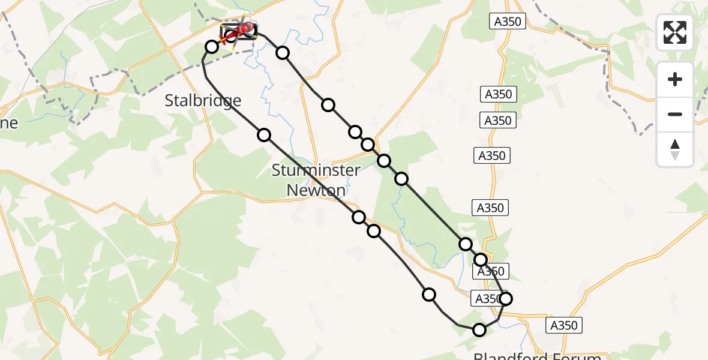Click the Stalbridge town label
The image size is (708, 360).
point(203,101)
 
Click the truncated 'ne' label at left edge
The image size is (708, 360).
point(9,123)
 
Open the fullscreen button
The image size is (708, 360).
point(675,32)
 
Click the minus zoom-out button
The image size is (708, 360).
point(675,114)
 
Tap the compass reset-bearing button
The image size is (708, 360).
point(675,149)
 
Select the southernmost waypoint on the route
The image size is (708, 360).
point(479,329)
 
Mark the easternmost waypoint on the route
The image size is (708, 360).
point(506,298)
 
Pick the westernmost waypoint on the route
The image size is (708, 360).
point(212,46)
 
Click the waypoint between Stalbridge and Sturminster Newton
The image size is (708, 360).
point(264,134)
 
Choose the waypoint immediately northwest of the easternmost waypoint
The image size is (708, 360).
point(481,259)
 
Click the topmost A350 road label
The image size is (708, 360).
point(508,22)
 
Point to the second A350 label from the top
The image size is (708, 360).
point(498,94)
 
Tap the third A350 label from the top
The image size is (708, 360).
point(498,121)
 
